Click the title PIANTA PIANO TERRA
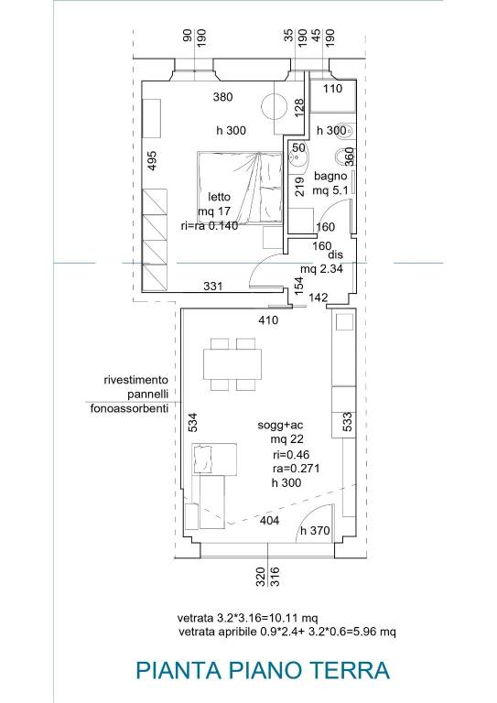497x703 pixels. click(263, 670)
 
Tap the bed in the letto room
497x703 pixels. click(240, 188)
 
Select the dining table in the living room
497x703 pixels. click(232, 364)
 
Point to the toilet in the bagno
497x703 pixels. click(345, 157)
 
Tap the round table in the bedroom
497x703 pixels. click(274, 106)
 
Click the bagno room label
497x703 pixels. click(330, 176)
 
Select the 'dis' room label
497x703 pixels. click(335, 254)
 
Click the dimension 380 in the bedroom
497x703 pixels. click(222, 96)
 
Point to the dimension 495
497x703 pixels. click(152, 160)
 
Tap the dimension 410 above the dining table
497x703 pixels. click(268, 320)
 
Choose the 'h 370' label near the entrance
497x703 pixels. click(315, 531)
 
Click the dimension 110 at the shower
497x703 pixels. click(332, 88)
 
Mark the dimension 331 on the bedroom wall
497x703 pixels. click(213, 286)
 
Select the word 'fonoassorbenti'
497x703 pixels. click(130, 408)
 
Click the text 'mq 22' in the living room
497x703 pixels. click(286, 439)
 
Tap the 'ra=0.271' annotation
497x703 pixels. click(297, 469)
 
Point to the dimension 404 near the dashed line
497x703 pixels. click(270, 520)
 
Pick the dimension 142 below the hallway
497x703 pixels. click(319, 297)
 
